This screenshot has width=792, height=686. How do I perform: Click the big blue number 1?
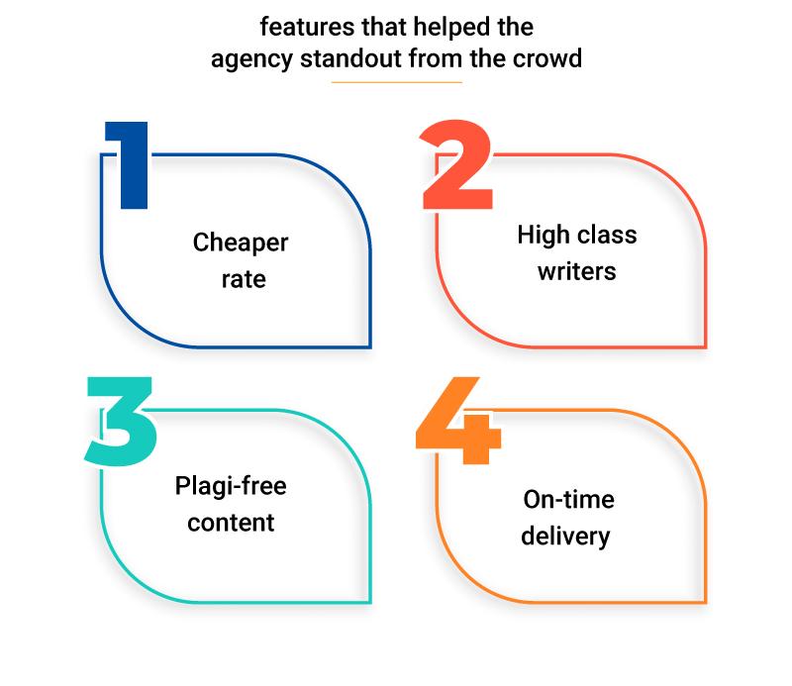coord(132,166)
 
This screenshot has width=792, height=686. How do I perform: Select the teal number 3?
coord(121,423)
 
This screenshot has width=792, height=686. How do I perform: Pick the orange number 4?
coord(456,423)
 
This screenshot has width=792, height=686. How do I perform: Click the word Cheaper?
coord(241,244)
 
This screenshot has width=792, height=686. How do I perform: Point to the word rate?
coord(243,279)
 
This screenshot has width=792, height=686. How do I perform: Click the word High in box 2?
coord(542,236)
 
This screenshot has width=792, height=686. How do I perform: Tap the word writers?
coord(577,270)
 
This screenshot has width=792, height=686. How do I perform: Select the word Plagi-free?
coord(230,487)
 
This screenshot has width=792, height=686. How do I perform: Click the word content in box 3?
coord(231,522)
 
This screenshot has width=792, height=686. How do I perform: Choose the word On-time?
coord(568,500)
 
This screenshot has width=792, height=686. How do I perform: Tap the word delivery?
coord(566,536)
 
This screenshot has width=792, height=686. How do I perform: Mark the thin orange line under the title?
coord(396,82)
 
